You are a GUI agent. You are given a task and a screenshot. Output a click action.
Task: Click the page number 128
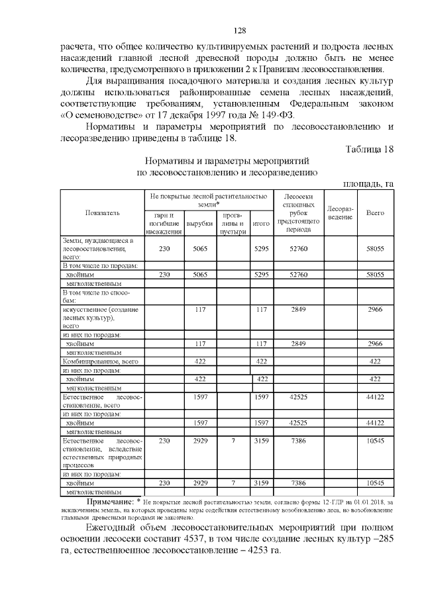coord(241,31)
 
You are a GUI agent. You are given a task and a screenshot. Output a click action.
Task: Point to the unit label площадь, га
coord(368,183)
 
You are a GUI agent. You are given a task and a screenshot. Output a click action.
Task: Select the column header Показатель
coord(103,213)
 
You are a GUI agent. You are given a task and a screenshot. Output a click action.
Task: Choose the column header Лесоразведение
coord(340,213)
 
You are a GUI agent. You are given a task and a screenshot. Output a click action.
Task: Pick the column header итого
coord(261,224)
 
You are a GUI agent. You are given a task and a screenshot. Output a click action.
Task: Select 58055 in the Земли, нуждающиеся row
coord(376,248)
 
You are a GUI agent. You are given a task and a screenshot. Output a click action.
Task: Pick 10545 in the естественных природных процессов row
coord(376,439)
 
